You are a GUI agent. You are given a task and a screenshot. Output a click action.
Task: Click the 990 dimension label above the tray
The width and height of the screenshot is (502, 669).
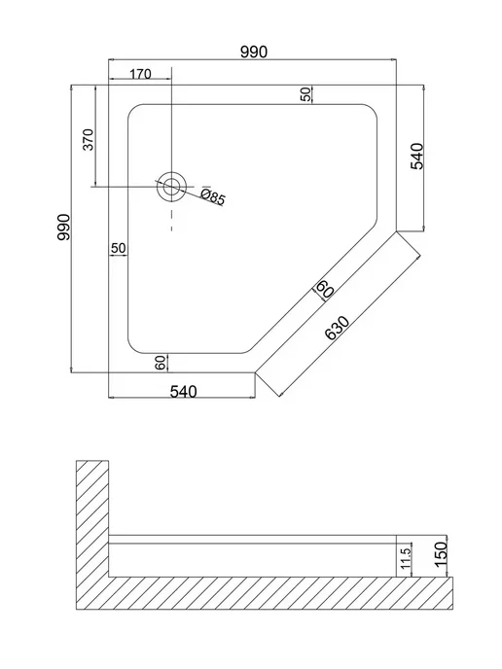(x=254, y=52)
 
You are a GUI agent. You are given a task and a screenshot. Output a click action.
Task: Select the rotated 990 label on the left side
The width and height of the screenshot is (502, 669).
(x=63, y=228)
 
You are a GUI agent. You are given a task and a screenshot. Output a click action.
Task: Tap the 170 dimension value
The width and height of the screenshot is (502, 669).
(x=140, y=74)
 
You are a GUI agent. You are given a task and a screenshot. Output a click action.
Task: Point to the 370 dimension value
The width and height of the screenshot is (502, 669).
(x=88, y=139)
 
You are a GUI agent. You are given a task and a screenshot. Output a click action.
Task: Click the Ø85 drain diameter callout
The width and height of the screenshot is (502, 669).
(x=212, y=196)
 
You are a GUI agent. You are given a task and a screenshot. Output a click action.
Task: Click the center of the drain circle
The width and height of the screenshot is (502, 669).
(x=171, y=187)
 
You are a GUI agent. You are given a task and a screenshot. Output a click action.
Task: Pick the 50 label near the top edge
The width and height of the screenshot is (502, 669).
(x=306, y=94)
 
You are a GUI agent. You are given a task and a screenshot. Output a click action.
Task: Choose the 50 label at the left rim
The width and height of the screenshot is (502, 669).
(x=119, y=248)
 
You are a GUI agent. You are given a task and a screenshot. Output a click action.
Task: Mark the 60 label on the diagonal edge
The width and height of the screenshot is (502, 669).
(x=324, y=289)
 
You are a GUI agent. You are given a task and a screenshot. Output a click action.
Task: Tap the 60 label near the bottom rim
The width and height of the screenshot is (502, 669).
(x=161, y=363)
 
